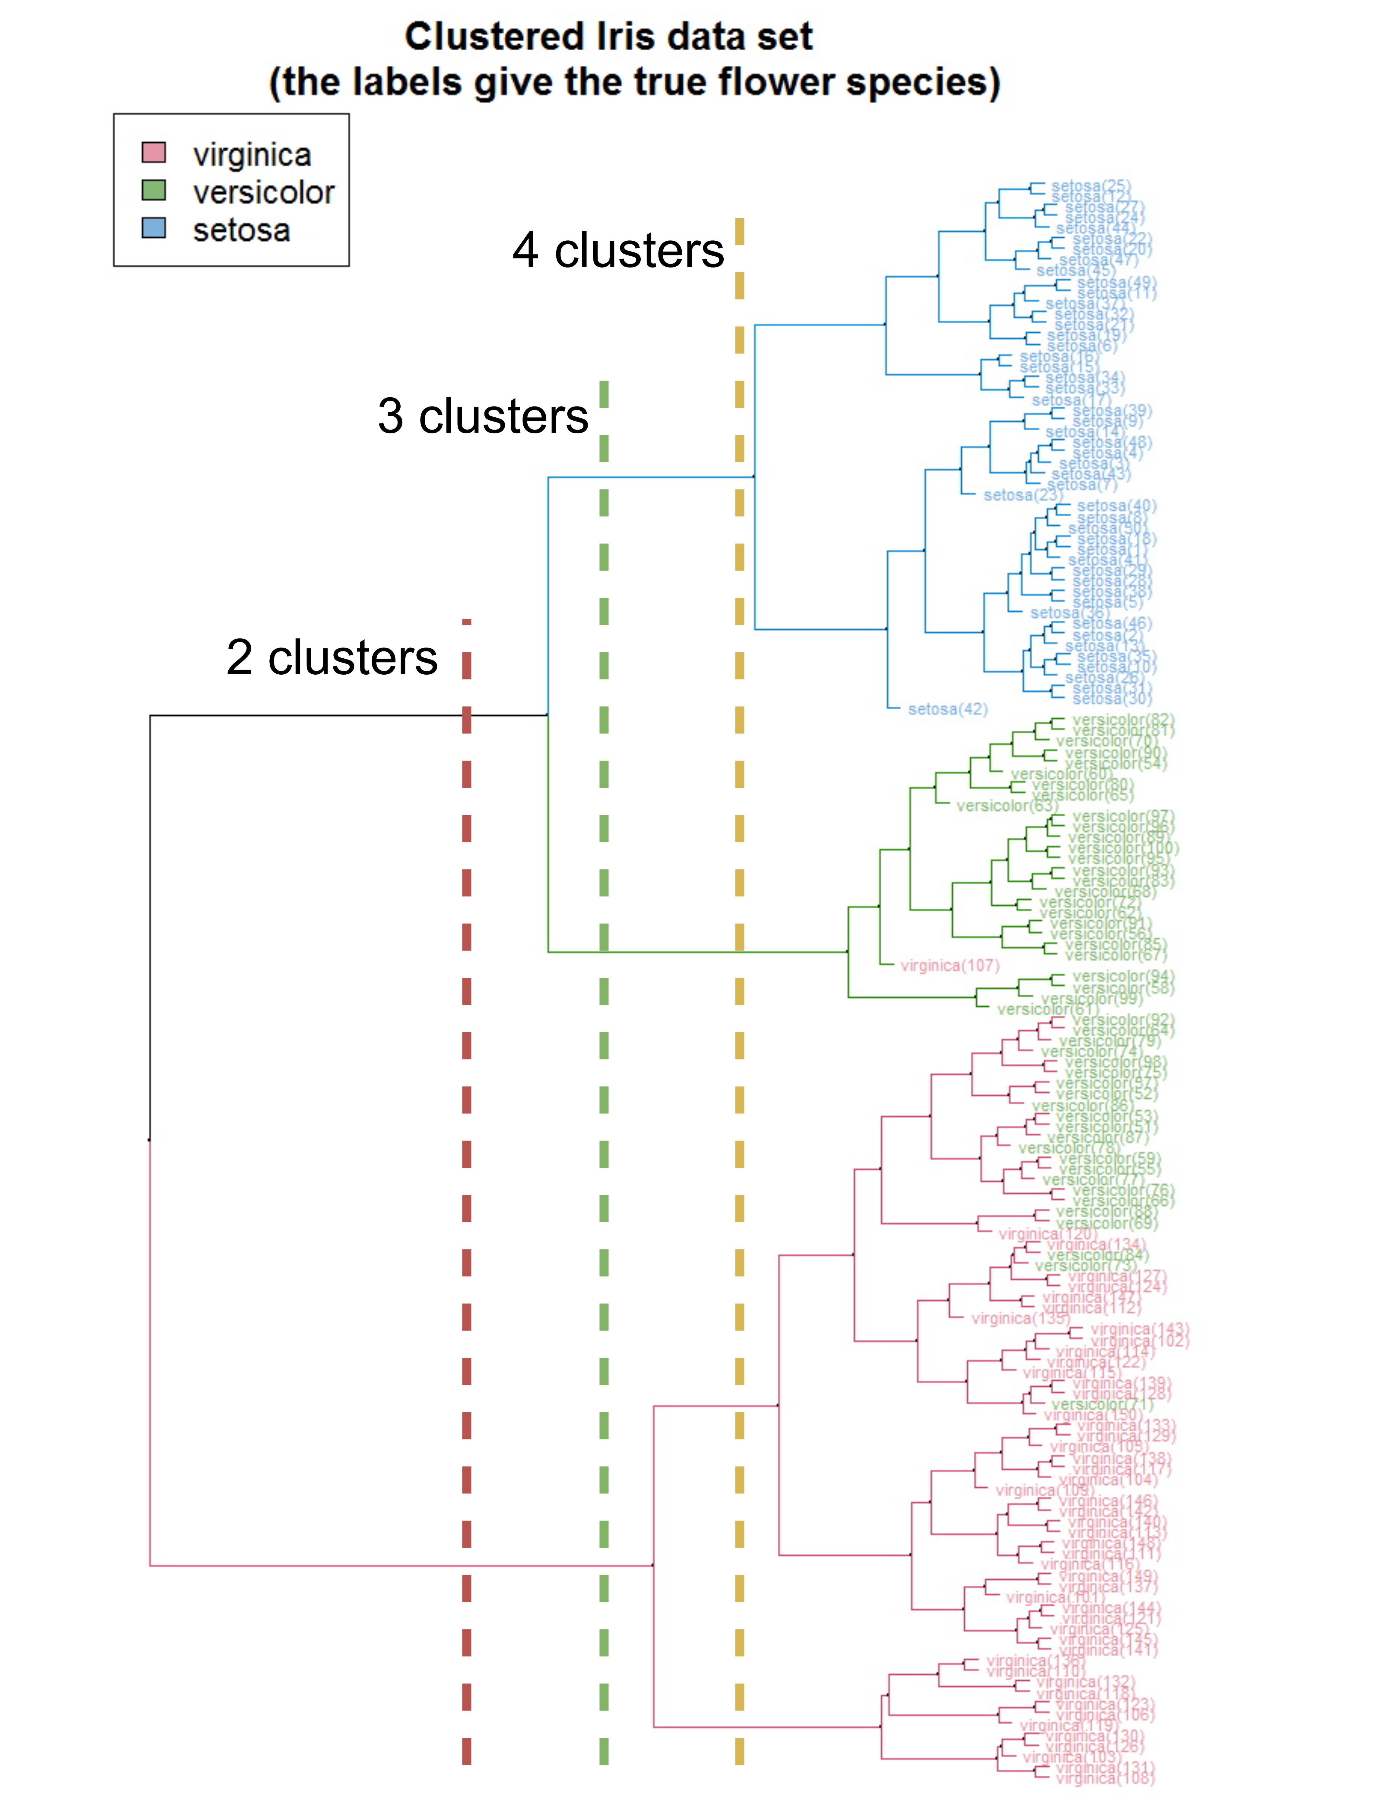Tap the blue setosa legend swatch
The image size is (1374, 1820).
pyautogui.click(x=154, y=228)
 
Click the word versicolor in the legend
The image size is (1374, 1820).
pyautogui.click(x=263, y=192)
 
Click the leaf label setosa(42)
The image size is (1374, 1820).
pyautogui.click(x=947, y=709)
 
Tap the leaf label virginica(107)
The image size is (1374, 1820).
pyautogui.click(x=950, y=965)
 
